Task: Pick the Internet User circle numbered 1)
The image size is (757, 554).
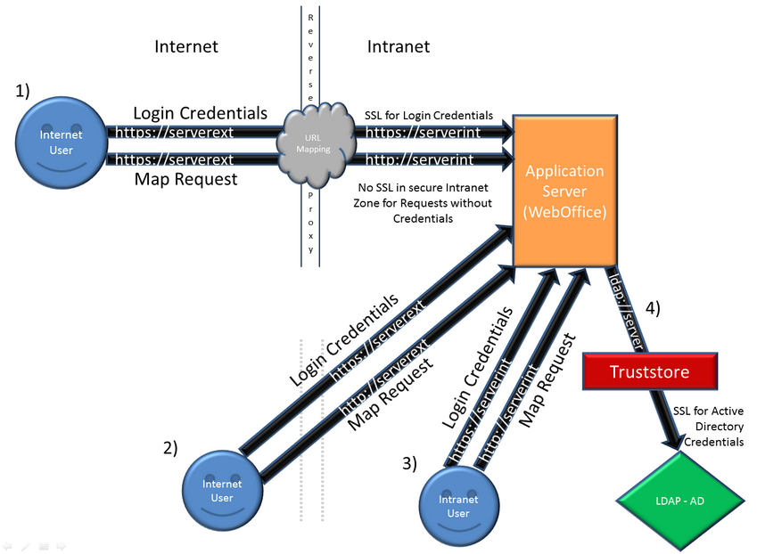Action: pos(62,143)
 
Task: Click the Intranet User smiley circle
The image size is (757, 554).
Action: pos(458,506)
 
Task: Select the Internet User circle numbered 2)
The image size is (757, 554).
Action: pos(222,491)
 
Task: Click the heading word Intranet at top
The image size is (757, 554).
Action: pos(399,46)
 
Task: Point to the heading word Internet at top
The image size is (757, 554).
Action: pos(186,46)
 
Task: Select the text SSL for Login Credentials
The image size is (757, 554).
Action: pos(429,116)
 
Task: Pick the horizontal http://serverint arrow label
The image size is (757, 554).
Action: pos(420,160)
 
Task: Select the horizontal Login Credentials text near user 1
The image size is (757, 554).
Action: pos(200,114)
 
